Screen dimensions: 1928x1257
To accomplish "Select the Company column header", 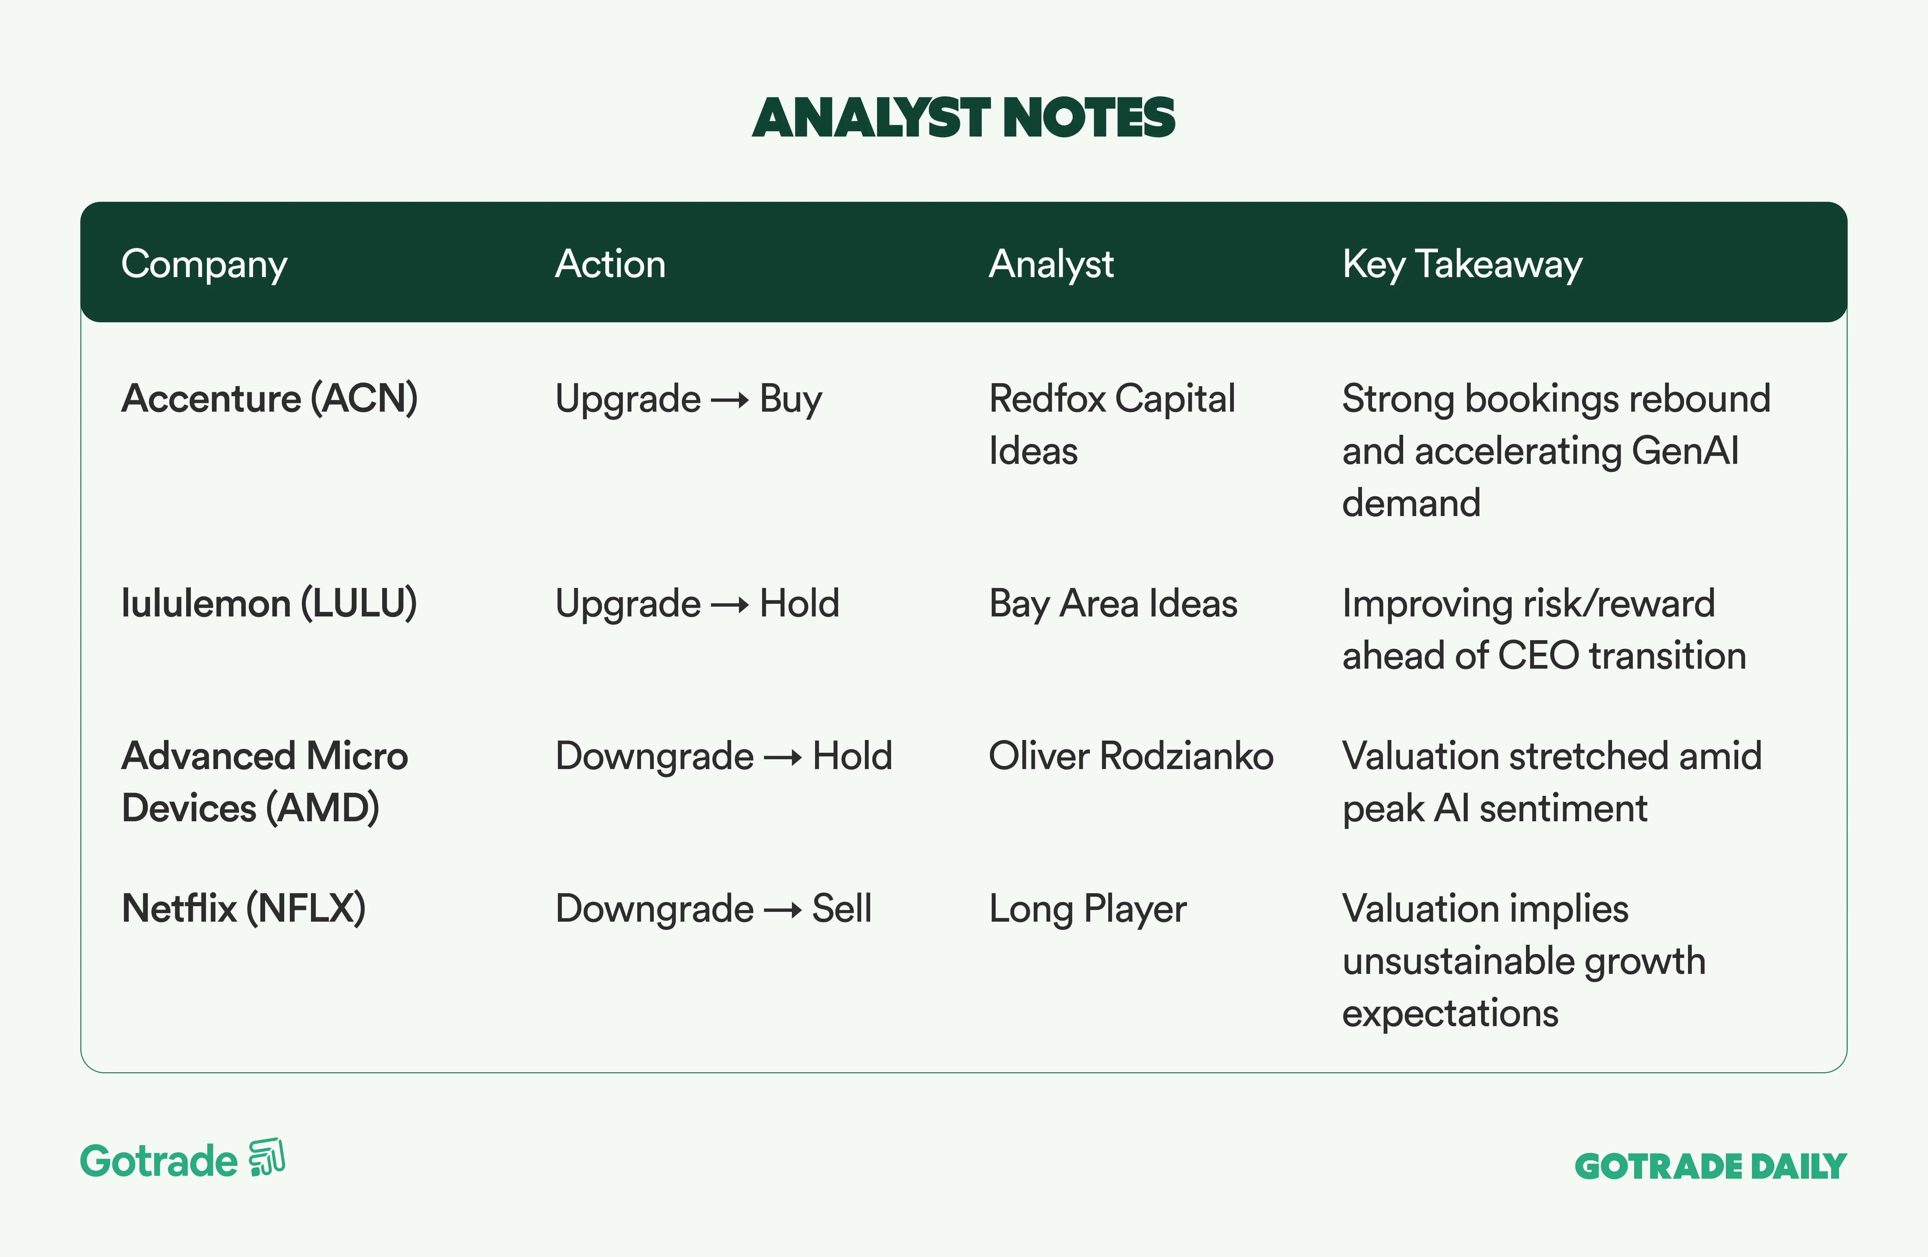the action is click(204, 264).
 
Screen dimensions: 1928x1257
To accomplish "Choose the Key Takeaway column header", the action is click(1462, 264).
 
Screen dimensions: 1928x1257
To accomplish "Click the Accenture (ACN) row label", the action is click(270, 399).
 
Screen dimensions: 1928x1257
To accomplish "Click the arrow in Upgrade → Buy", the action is click(730, 400).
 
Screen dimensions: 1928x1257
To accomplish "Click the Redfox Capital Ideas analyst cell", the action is click(1112, 424).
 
